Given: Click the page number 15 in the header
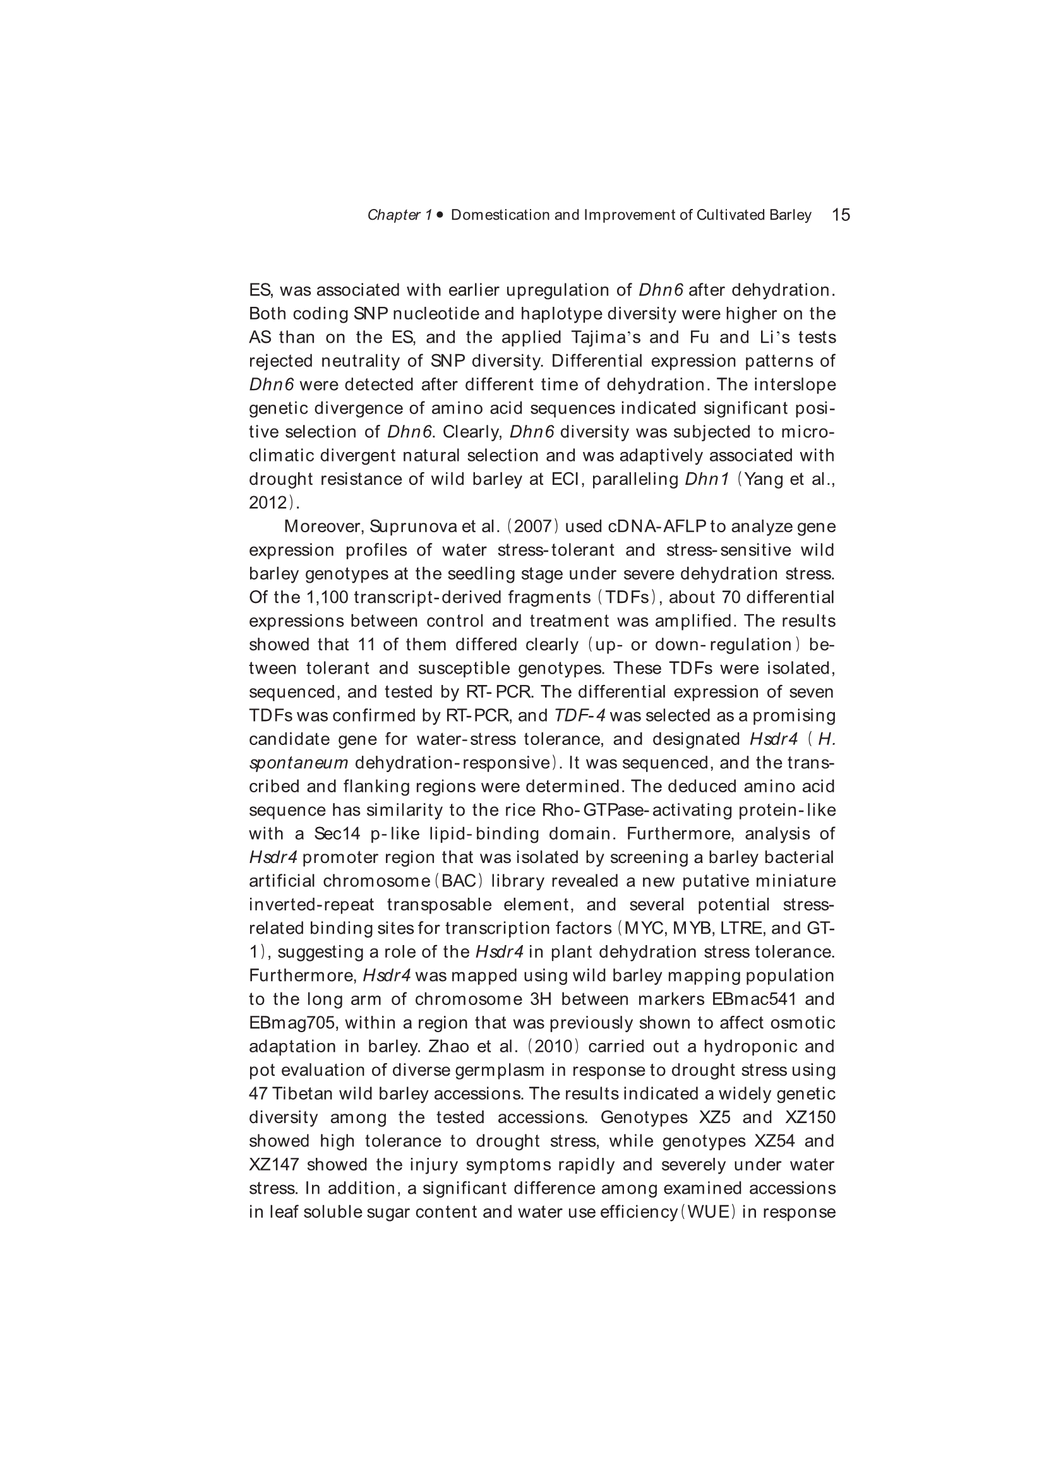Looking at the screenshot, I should (x=841, y=215).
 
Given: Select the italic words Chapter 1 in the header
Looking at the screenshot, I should (x=399, y=215).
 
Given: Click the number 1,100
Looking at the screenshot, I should (x=325, y=597).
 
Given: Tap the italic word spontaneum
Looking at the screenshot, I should (x=299, y=763).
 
